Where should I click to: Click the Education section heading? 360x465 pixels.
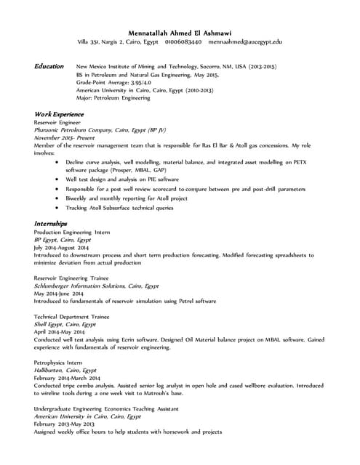pyautogui.click(x=49, y=66)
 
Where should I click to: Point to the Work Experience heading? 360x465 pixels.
pyautogui.click(x=59, y=114)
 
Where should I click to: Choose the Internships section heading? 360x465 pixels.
pyautogui.click(x=50, y=223)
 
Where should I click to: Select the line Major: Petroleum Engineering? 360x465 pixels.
pyautogui.click(x=113, y=98)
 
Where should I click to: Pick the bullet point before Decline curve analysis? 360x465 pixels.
pyautogui.click(x=57, y=162)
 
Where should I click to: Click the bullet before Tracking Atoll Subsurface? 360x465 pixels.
pyautogui.click(x=57, y=208)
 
